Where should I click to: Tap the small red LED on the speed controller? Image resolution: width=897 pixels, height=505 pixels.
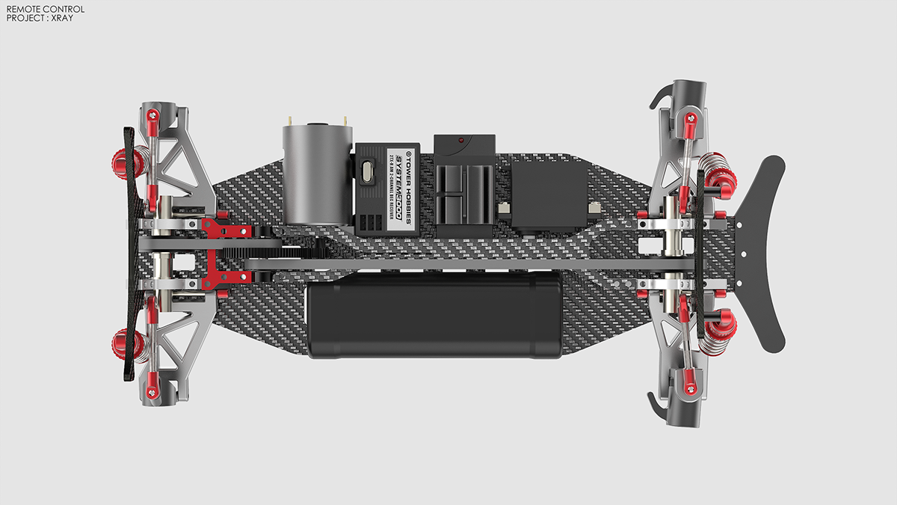pos(461,139)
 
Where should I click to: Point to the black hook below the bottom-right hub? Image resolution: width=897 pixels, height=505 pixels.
pos(660,408)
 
